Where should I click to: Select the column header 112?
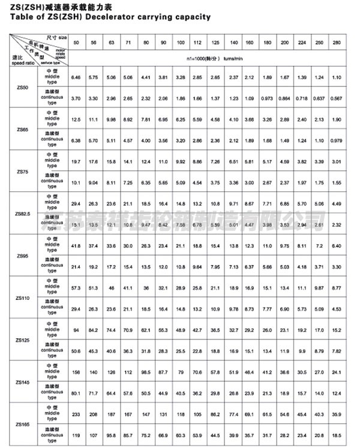pos(197,44)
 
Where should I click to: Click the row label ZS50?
pos(22,88)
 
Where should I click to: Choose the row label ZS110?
pos(22,297)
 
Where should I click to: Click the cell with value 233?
pos(76,413)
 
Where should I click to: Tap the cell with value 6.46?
pos(76,77)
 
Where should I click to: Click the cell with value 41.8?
pos(76,245)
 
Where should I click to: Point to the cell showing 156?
pos(76,371)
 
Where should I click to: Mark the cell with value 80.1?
pos(76,393)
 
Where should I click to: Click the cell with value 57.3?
pos(76,288)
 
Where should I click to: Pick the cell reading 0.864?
pos(284,98)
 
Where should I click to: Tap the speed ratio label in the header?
pos(22,62)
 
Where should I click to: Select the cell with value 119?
pos(76,435)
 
